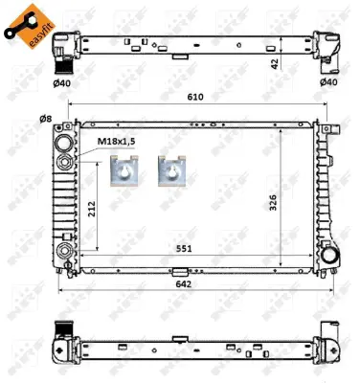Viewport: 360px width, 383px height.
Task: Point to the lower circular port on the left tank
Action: (x=65, y=251)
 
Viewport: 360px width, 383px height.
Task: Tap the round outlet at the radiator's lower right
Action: (x=331, y=256)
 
